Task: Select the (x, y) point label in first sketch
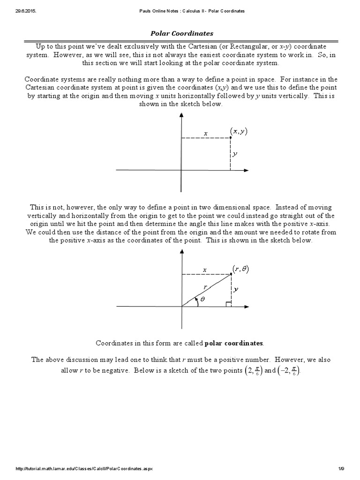pos(239,132)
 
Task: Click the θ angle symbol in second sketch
pos(202,299)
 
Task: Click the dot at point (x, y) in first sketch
pos(230,137)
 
